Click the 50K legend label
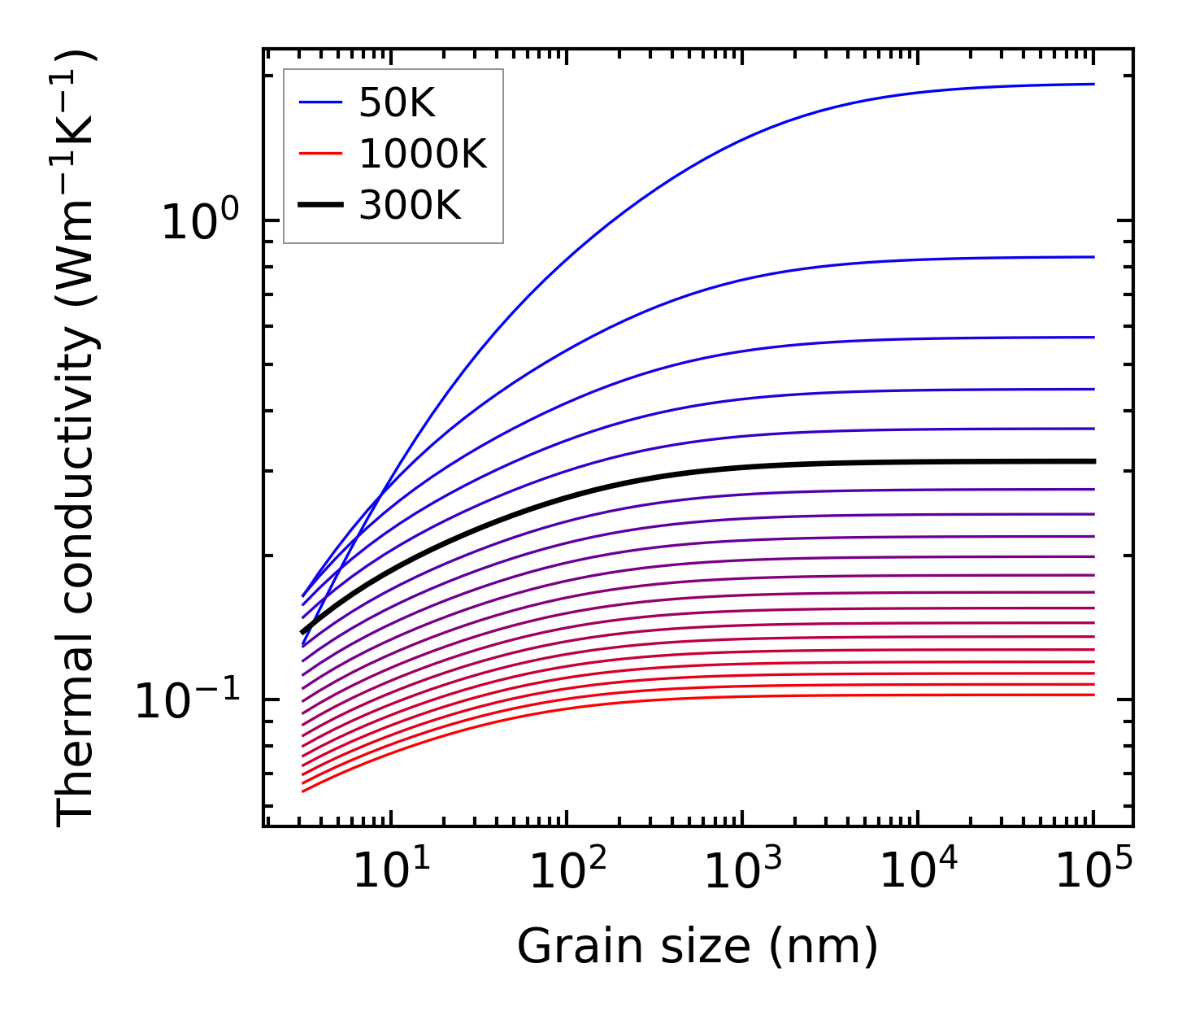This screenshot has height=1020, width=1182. click(x=398, y=103)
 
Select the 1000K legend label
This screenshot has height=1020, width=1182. click(x=423, y=155)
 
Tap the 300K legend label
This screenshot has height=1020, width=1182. click(x=410, y=206)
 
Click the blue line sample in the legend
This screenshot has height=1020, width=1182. click(x=321, y=102)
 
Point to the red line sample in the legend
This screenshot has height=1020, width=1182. click(x=321, y=154)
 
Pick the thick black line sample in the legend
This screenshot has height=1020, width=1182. click(x=321, y=205)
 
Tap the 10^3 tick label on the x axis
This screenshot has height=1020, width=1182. click(x=742, y=871)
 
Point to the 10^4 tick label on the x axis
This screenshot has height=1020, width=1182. click(x=919, y=871)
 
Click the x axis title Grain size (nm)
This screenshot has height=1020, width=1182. click(x=697, y=947)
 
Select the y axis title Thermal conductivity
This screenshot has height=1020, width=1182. click(x=77, y=438)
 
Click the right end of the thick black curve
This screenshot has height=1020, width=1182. click(x=1094, y=461)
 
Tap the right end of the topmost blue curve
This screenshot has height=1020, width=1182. click(x=1094, y=84)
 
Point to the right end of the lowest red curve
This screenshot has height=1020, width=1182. click(x=1094, y=695)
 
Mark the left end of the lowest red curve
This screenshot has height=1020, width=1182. click(x=302, y=791)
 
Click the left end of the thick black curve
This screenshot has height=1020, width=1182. click(x=302, y=632)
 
